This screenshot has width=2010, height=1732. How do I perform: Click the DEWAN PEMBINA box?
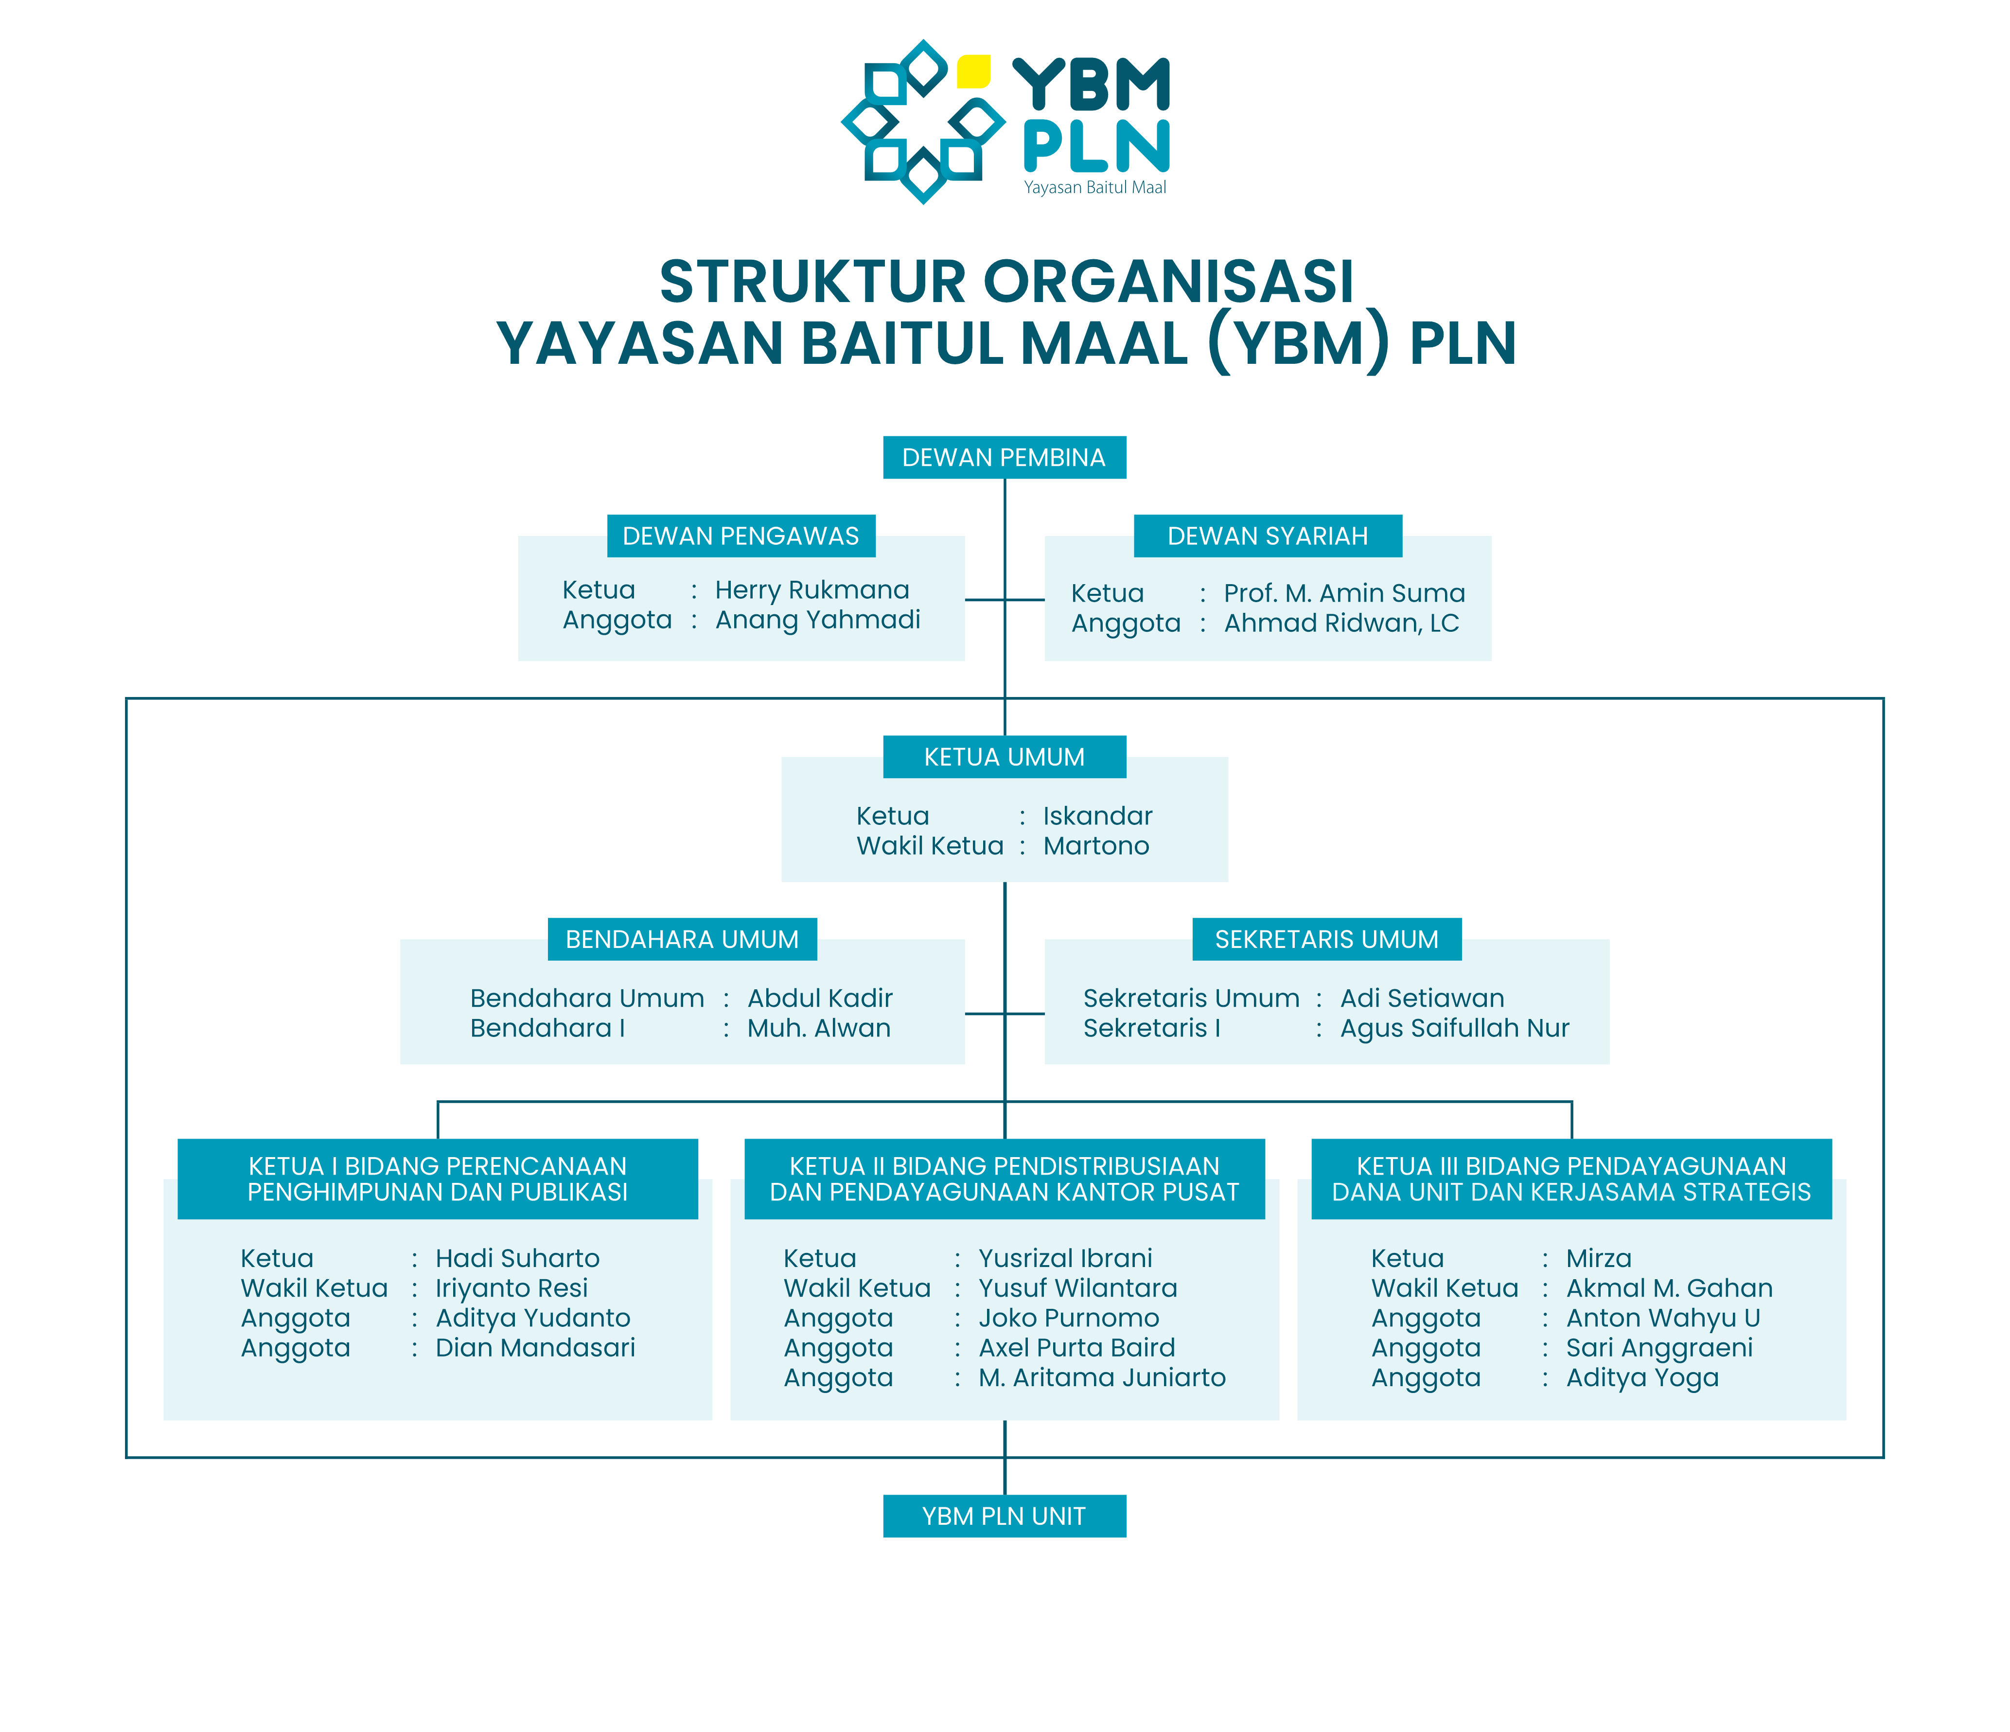(1004, 457)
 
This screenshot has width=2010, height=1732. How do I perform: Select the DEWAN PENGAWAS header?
(741, 536)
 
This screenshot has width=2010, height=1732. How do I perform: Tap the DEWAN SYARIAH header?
(1268, 536)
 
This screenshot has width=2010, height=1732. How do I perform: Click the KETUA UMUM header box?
(1004, 757)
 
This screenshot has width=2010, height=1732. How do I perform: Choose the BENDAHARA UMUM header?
(682, 939)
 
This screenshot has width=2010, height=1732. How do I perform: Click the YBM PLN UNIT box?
(1004, 1516)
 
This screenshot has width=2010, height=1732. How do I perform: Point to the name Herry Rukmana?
(812, 590)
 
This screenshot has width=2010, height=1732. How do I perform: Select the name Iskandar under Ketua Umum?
(1097, 816)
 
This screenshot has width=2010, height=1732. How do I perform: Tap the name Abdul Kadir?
(820, 999)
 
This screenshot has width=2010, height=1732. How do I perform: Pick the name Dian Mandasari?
(534, 1348)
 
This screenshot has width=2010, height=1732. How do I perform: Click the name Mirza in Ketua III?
(1599, 1258)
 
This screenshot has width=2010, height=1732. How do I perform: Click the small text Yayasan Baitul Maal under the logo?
(1095, 187)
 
